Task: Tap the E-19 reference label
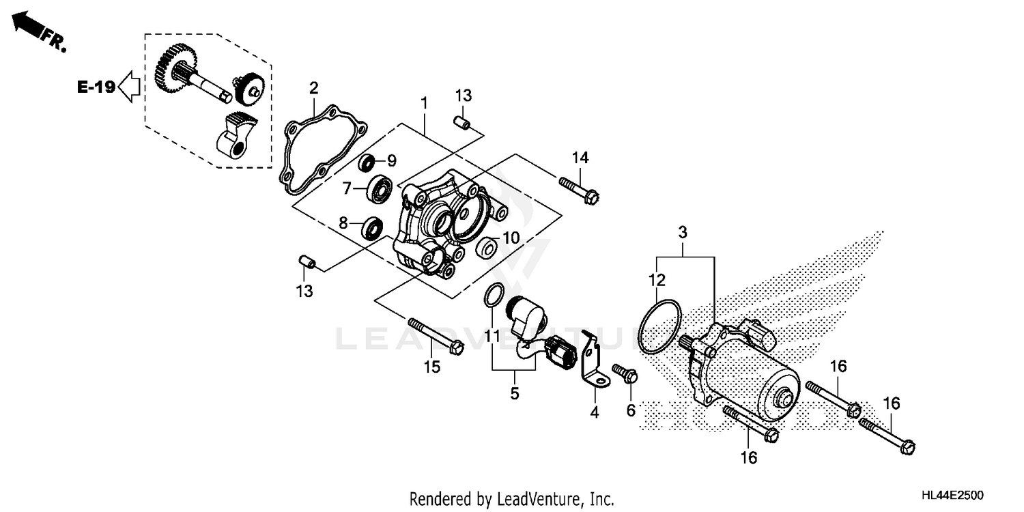[95, 87]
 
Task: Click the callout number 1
[424, 103]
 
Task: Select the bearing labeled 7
[380, 188]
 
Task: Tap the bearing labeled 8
[372, 226]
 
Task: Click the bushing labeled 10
[485, 248]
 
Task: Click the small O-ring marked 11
[495, 296]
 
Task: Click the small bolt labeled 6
[625, 373]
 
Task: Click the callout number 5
[514, 393]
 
